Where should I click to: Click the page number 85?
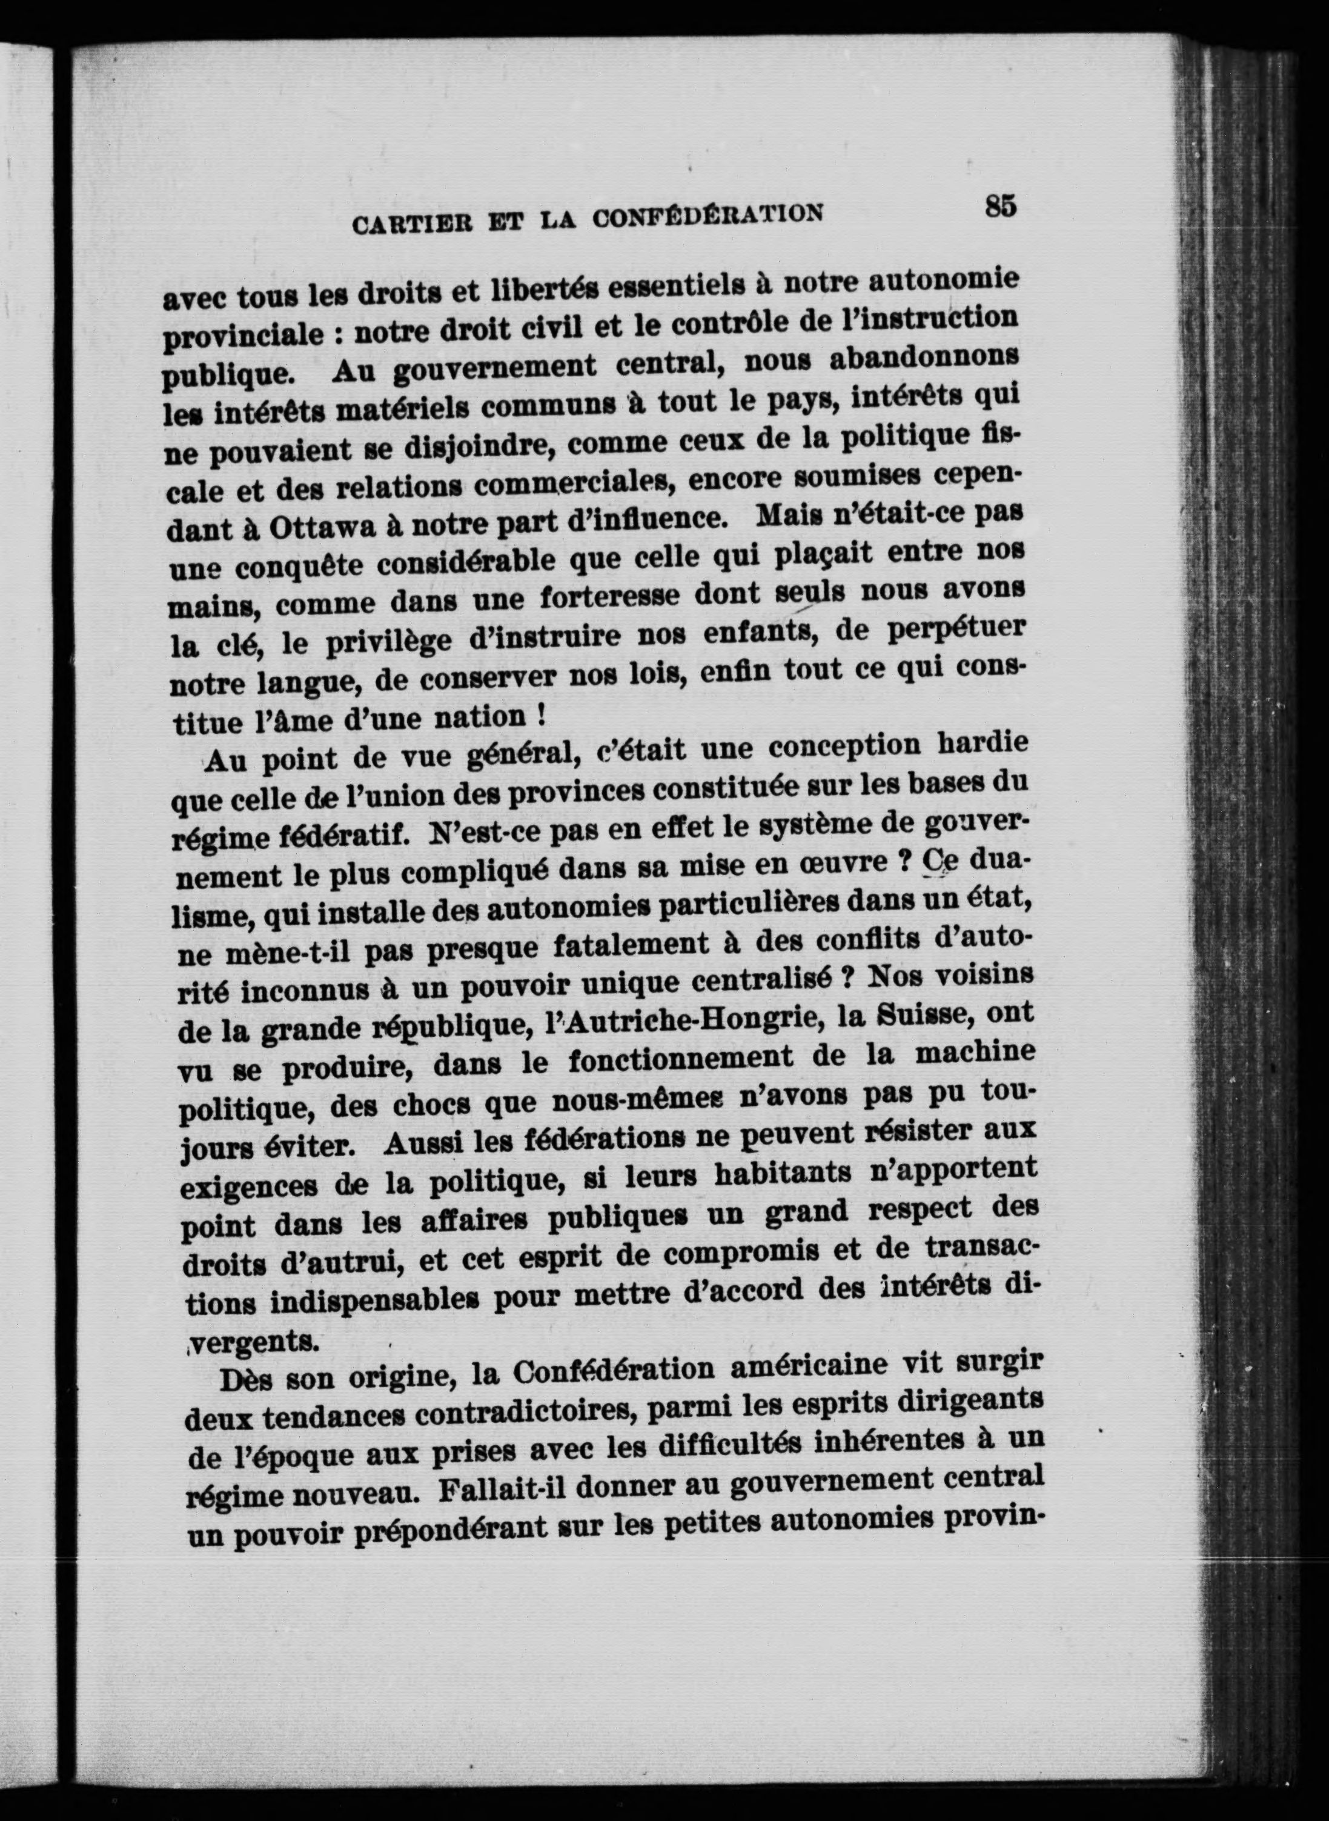[x=1000, y=206]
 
